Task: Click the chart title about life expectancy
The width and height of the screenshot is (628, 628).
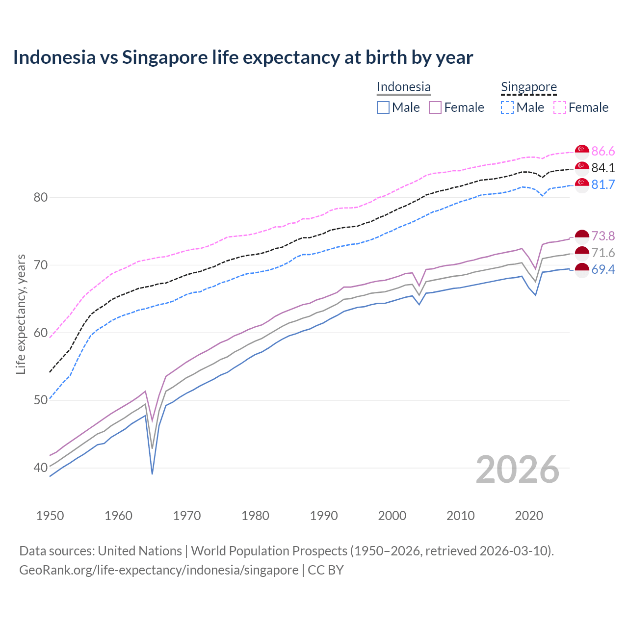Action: pyautogui.click(x=243, y=57)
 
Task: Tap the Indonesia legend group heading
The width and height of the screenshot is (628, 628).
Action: pyautogui.click(x=403, y=87)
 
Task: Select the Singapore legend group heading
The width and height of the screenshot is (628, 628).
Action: pyautogui.click(x=528, y=87)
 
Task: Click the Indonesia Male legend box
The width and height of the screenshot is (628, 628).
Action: pyautogui.click(x=383, y=107)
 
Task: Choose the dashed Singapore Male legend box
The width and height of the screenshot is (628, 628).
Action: pyautogui.click(x=507, y=107)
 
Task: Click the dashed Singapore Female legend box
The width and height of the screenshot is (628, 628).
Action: pyautogui.click(x=560, y=107)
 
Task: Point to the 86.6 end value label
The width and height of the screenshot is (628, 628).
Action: pyautogui.click(x=603, y=151)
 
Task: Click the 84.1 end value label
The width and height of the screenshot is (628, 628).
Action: pyautogui.click(x=603, y=168)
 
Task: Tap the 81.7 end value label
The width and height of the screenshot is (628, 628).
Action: pyautogui.click(x=603, y=184)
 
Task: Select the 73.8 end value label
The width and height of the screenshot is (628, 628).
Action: pyautogui.click(x=603, y=236)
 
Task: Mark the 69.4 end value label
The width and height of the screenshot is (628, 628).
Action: pyautogui.click(x=603, y=269)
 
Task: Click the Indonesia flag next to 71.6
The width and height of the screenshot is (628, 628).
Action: pyautogui.click(x=582, y=253)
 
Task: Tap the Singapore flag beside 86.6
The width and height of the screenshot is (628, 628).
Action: pyautogui.click(x=582, y=151)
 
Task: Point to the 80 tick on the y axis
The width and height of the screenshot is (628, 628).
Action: pyautogui.click(x=40, y=197)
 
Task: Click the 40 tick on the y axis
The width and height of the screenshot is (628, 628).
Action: pyautogui.click(x=40, y=468)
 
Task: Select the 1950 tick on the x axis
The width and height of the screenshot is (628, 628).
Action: pyautogui.click(x=50, y=516)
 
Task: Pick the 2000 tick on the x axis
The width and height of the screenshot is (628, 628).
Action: pyautogui.click(x=392, y=516)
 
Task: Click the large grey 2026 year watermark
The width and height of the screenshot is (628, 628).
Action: pyautogui.click(x=517, y=470)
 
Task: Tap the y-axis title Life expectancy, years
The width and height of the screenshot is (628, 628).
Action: pyautogui.click(x=21, y=314)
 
